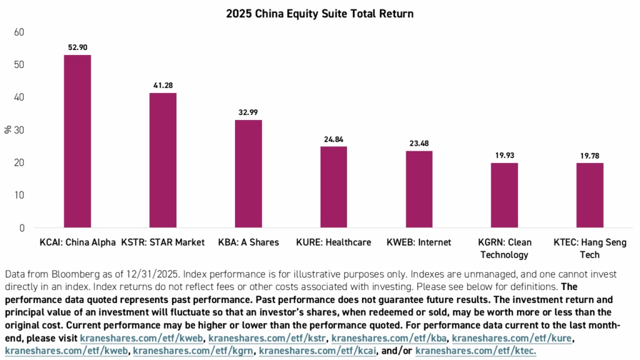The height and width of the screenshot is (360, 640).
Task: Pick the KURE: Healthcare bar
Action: coord(334,187)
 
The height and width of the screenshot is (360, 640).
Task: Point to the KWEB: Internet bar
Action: coord(419,189)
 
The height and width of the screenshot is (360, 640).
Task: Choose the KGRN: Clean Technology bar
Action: coord(504,195)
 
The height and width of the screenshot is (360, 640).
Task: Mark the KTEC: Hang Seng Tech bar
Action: coord(589,195)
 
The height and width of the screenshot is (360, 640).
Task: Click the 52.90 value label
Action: coord(77,47)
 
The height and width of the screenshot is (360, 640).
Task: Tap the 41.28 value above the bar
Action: coord(162,85)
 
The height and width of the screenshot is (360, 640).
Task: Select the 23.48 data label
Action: coord(419,142)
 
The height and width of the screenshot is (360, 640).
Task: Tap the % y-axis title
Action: coord(7,130)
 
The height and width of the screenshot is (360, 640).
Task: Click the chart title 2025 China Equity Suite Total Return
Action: coord(320,13)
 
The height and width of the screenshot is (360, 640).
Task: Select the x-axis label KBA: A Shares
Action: coord(248,242)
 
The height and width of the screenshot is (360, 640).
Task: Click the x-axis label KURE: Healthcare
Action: coord(334,242)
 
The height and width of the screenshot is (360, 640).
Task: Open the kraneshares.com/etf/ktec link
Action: coord(476,351)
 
